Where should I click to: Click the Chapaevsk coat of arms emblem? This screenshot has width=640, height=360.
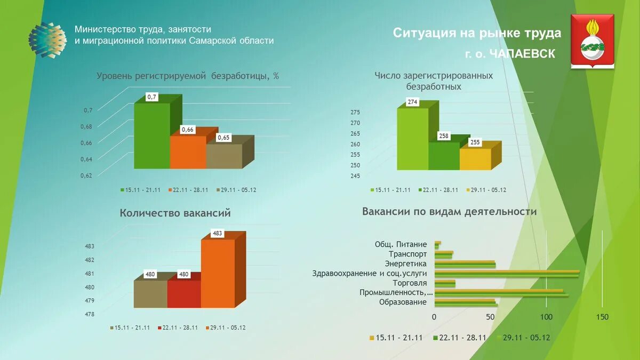coord(592,42)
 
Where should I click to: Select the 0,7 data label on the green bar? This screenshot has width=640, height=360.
coord(152,97)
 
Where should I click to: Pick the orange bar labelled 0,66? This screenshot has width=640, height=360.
coord(188,152)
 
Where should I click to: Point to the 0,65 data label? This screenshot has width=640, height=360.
coord(223,138)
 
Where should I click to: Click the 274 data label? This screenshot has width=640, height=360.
coord(412,102)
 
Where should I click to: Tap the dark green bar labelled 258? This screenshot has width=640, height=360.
coord(443,156)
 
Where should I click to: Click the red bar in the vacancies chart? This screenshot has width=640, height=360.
coord(183,294)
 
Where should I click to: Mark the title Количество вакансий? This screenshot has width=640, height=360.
coord(175,213)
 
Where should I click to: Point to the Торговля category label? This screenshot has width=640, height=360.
coord(410,283)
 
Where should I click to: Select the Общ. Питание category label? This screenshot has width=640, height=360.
coord(401,244)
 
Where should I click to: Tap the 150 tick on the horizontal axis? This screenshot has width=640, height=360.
coord(602,317)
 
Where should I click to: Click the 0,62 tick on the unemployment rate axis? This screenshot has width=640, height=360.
coord(86,175)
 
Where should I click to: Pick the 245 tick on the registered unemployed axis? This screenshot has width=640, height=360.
coord(355,176)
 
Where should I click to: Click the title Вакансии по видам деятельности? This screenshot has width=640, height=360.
coord(449,212)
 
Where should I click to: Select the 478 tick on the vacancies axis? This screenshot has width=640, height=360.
coord(89,315)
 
